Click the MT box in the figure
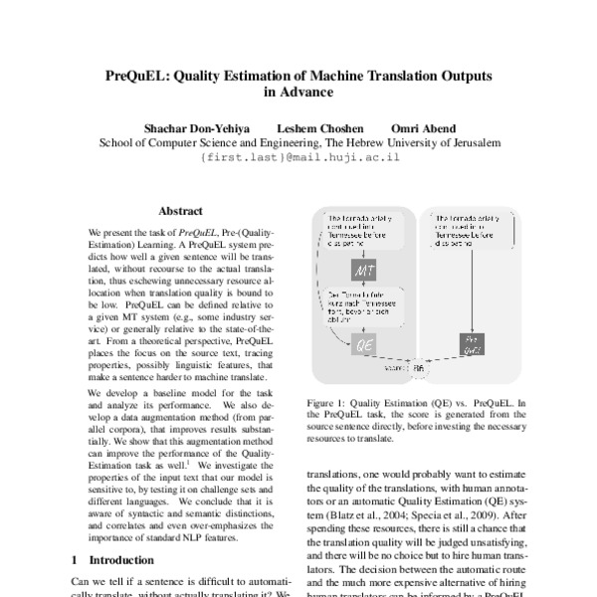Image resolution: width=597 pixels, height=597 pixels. click(360, 271)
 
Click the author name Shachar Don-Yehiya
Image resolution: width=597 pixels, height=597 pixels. click(193, 128)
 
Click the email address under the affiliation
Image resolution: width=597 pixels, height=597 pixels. click(298, 158)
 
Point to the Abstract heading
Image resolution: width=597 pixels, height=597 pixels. click(180, 212)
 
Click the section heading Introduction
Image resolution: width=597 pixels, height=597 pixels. click(123, 560)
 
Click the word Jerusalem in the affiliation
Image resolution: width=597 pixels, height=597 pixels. click(471, 143)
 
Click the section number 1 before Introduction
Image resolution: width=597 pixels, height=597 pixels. click(77, 560)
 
